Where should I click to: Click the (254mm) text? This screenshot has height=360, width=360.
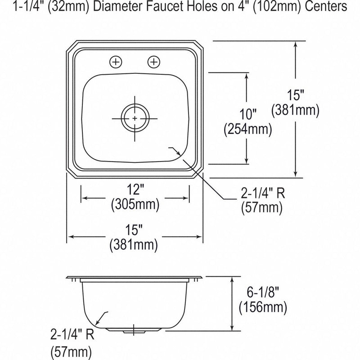click(248, 129)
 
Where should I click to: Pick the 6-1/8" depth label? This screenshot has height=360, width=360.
click(263, 292)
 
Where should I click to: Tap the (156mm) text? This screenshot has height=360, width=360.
click(263, 307)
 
